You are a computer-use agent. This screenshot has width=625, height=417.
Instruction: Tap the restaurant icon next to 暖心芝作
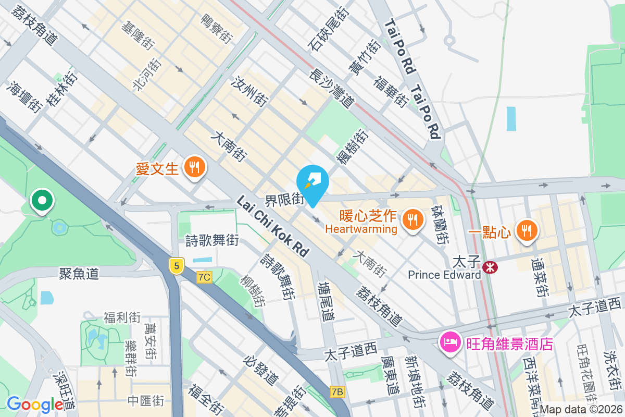click(x=413, y=219)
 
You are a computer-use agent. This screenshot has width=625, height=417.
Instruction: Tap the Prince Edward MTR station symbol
click(x=490, y=267)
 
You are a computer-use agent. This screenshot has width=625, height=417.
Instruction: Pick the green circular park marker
click(x=41, y=200)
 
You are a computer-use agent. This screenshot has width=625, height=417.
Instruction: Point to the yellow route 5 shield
click(x=177, y=266)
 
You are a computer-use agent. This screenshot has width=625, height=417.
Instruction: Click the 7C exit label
click(x=204, y=277)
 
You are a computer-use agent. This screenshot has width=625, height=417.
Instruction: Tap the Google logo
click(x=35, y=404)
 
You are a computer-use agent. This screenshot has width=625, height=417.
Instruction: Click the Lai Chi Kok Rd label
click(x=272, y=225)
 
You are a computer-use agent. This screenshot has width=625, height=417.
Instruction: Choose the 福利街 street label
click(x=122, y=317)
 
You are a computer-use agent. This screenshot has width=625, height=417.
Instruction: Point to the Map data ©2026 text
click(x=581, y=410)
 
